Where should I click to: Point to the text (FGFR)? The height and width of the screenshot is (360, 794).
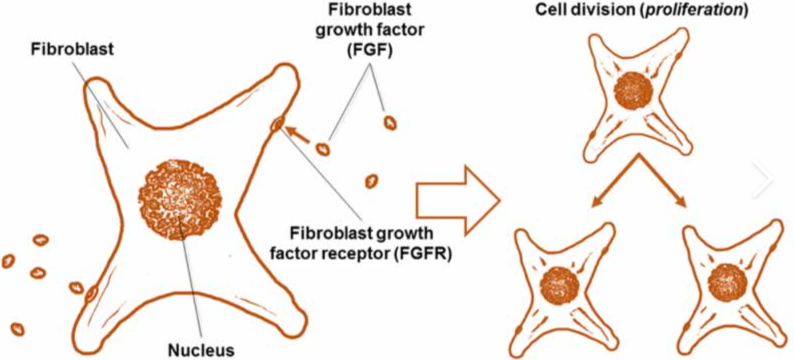[430, 251]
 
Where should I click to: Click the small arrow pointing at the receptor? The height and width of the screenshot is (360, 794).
[299, 135]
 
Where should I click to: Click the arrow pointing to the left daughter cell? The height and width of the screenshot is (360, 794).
[615, 180]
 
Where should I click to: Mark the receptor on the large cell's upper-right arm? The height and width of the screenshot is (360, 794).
[277, 124]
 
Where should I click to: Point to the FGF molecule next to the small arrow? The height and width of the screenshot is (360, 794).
[323, 149]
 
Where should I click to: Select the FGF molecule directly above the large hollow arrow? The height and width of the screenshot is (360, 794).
[372, 181]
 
